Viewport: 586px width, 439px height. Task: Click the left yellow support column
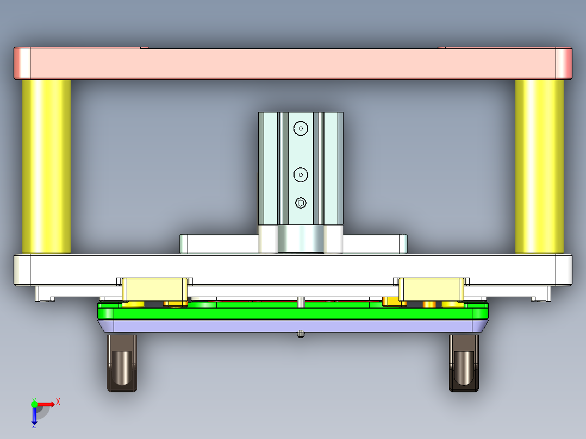point(46,166)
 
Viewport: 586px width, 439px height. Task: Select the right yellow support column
point(539,166)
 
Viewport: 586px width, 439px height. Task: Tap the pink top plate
point(292,63)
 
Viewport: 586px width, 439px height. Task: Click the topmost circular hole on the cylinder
point(301,128)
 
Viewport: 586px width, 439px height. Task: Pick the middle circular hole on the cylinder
point(301,174)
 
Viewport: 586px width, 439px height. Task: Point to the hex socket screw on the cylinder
point(301,203)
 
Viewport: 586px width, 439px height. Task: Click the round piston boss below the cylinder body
point(301,239)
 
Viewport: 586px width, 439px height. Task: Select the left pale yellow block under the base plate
point(154,289)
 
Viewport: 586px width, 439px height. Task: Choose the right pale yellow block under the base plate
point(432,289)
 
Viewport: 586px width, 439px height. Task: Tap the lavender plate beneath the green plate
point(292,326)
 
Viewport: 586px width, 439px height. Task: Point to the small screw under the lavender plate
point(300,334)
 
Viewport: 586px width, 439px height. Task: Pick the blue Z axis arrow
point(34,416)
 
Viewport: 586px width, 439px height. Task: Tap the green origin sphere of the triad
point(34,404)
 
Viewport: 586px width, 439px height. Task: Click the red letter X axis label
point(58,402)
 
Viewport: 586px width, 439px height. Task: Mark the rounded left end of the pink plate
point(22,63)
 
